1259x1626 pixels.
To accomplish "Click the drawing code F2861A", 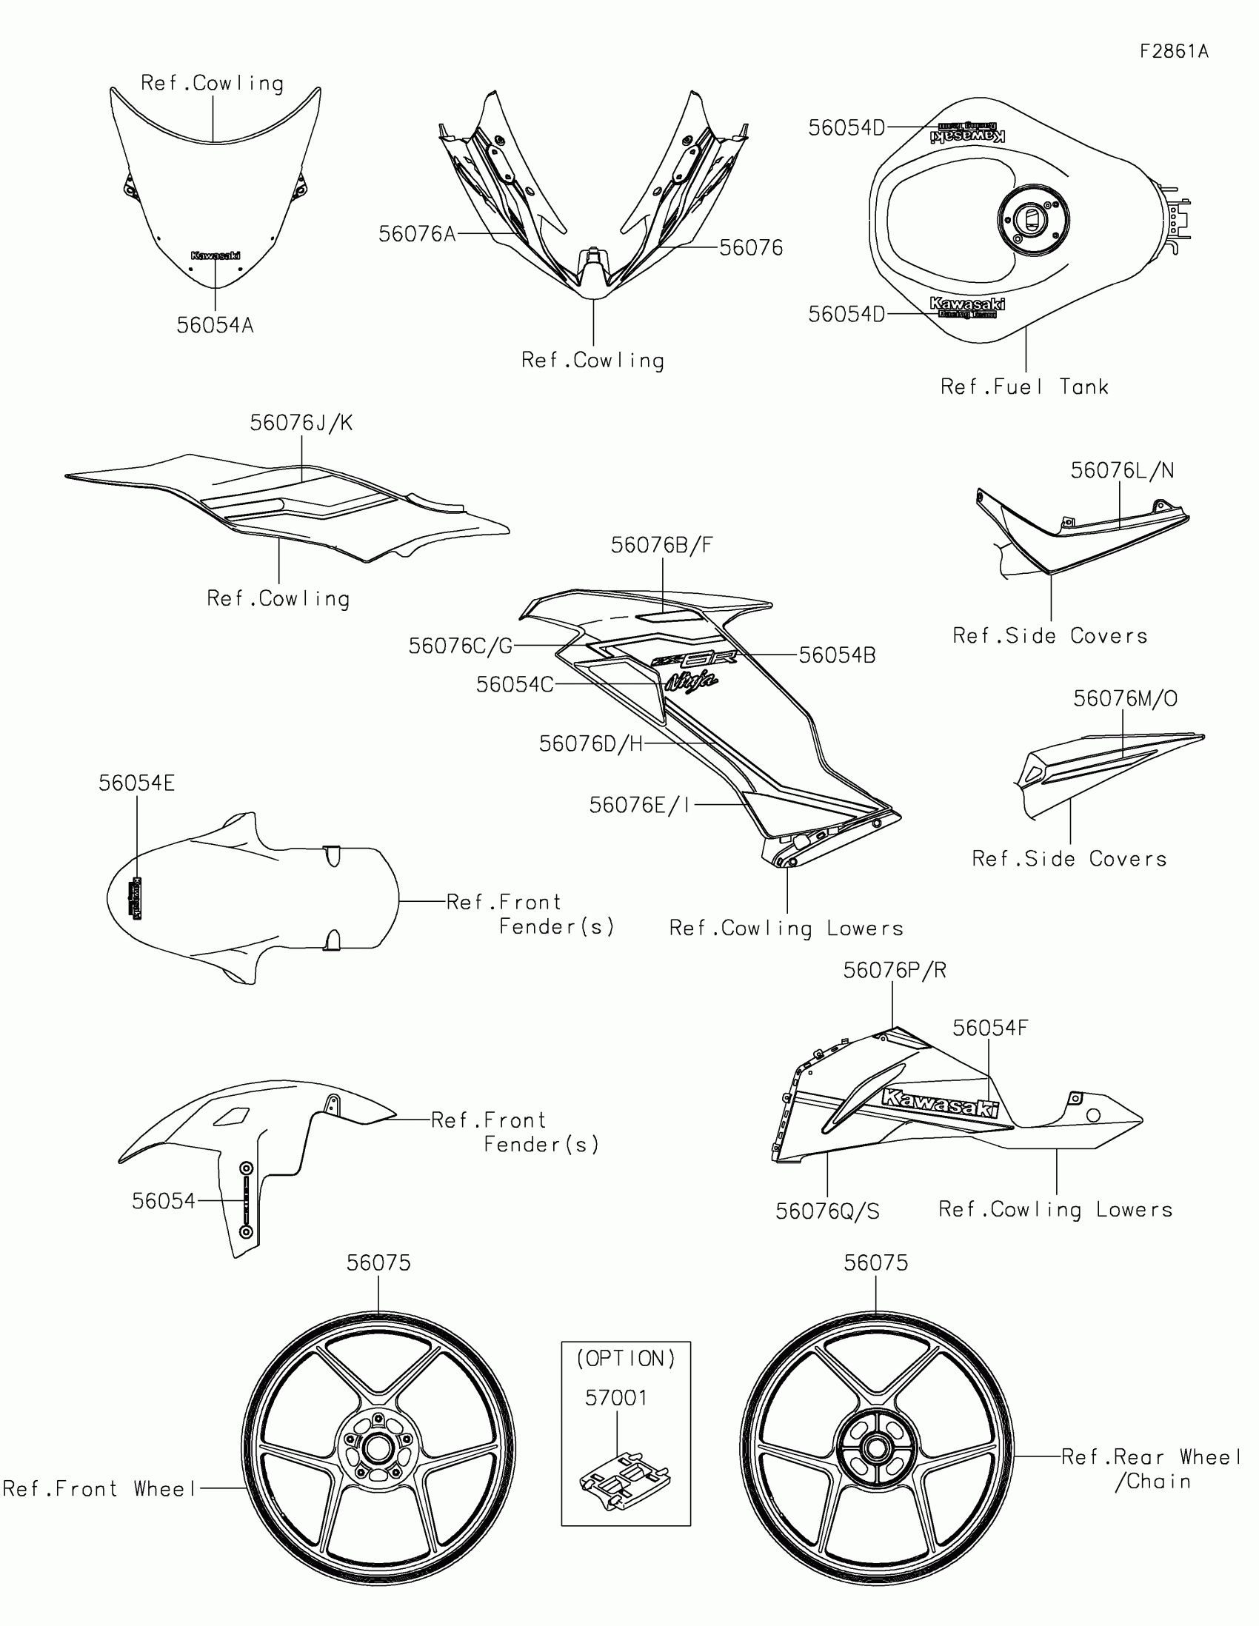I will point(1174,51).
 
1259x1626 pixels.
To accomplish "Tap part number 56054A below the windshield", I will point(215,325).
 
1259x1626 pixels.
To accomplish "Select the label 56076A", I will point(417,234).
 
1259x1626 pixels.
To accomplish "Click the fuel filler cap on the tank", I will point(1032,219).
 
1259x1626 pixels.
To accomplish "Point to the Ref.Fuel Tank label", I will point(1024,387).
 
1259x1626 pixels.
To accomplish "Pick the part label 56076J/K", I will point(301,423).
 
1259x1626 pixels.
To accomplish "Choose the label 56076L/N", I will point(1122,470).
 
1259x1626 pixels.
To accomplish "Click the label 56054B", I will point(837,655).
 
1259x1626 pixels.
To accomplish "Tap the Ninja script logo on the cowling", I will point(692,681).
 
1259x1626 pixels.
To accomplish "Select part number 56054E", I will point(136,783).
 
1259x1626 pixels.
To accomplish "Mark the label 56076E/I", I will point(640,805).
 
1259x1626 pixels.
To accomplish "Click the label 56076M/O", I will point(1125,698).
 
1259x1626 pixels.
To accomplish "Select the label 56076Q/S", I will point(827,1211).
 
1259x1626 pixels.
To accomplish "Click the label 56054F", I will point(989,1028).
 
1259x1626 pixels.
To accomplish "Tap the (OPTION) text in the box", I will point(625,1359).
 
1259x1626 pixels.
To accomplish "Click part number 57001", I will point(615,1397).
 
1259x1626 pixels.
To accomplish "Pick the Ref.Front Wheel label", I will point(100,1488).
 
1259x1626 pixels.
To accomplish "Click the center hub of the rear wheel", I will point(875,1449).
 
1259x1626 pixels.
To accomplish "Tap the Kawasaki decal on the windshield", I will point(216,255).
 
